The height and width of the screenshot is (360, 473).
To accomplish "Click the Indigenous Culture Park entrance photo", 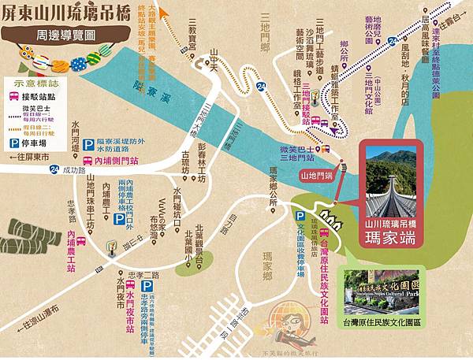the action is [x=382, y=291].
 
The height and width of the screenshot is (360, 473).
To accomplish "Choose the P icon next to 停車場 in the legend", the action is [x=14, y=144].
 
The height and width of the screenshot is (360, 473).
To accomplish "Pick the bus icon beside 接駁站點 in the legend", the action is [x=14, y=96].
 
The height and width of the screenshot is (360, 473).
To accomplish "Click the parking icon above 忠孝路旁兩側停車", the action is [x=147, y=285].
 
